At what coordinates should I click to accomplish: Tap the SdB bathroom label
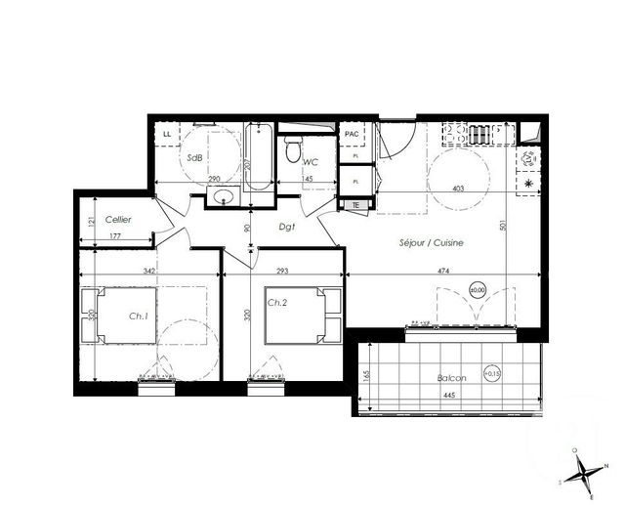click(195, 156)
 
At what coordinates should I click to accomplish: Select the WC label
click(311, 161)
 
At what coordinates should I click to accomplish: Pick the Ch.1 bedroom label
click(138, 316)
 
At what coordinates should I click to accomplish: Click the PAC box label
click(352, 134)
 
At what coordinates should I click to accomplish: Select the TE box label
click(355, 204)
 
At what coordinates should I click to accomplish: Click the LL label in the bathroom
click(166, 134)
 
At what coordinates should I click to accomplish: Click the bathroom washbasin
click(225, 200)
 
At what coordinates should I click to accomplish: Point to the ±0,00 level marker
click(478, 290)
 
